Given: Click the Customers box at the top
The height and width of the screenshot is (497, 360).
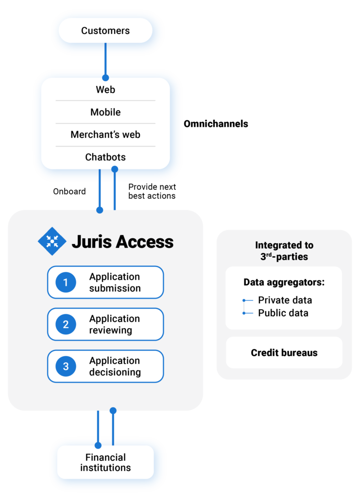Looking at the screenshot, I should point(105,31).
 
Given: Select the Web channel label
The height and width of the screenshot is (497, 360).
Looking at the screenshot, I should point(105,90).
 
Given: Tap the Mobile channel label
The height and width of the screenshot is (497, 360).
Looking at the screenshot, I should point(105,112).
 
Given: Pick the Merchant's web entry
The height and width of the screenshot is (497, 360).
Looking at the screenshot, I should point(105,134).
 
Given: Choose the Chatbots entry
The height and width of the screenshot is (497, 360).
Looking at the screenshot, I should point(105,157).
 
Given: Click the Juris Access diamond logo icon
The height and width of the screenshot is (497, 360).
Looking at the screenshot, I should point(52,241).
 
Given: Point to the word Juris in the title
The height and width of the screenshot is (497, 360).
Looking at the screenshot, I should point(90,242).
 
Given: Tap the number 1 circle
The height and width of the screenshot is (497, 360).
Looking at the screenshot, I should point(66,282).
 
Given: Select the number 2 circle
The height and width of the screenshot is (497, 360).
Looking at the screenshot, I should point(66,325).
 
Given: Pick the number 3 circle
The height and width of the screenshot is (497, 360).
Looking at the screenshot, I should point(66,366).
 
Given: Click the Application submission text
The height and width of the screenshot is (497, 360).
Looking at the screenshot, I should point(115,282).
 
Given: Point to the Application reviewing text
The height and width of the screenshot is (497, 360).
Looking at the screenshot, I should point(115,325).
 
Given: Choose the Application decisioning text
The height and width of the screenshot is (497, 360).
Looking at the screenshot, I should point(115,366).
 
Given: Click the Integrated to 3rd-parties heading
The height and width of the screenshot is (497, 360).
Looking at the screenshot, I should point(284,251).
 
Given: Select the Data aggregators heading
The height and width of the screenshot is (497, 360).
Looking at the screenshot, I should point(284,282).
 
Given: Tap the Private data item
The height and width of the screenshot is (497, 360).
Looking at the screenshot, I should point(285,300).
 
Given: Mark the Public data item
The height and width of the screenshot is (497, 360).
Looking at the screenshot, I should point(283,313).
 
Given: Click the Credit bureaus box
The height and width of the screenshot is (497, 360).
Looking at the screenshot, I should point(284,353).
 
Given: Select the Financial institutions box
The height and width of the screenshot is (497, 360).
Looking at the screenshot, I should point(105,463).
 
